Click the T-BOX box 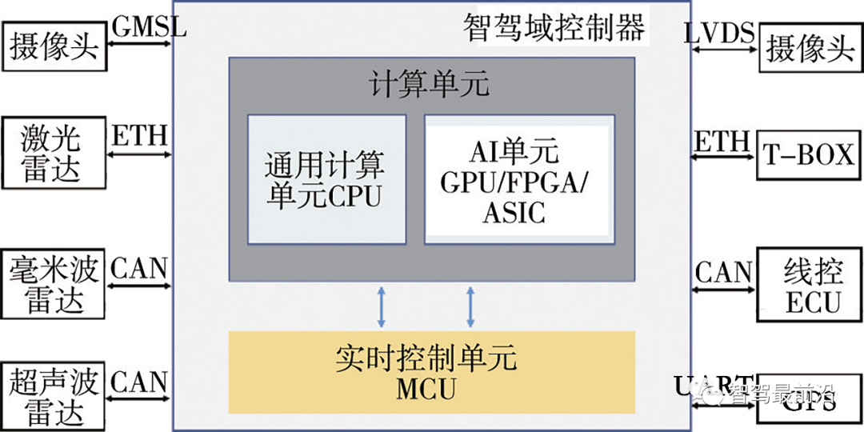[x=808, y=155]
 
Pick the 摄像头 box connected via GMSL [x=54, y=47]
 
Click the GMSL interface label [x=149, y=27]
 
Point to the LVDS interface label [x=720, y=33]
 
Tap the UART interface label [x=713, y=385]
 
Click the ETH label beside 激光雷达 [x=139, y=136]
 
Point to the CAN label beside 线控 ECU [x=723, y=272]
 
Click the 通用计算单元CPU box [x=326, y=179]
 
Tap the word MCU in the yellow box [x=426, y=390]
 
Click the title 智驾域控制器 [x=554, y=29]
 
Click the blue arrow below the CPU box [x=382, y=306]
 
